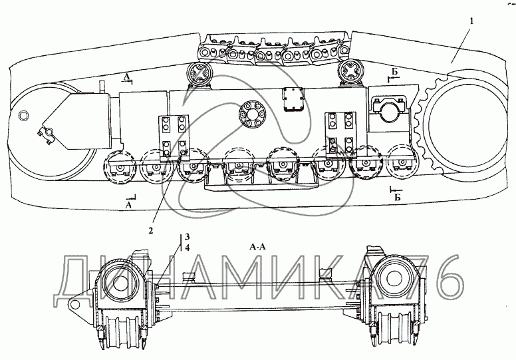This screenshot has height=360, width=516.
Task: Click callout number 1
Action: click(x=472, y=21)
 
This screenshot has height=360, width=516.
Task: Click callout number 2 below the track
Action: click(x=150, y=231)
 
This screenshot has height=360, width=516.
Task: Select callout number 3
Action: click(x=187, y=236)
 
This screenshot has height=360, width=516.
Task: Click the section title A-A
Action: click(x=258, y=247)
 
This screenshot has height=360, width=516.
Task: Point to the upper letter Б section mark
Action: click(x=395, y=72)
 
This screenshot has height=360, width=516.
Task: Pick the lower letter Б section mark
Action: click(x=398, y=197)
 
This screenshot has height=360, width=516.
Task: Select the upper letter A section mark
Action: click(x=126, y=77)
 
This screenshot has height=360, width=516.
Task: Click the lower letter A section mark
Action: click(x=129, y=205)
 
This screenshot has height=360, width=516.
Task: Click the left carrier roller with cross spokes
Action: click(x=198, y=74)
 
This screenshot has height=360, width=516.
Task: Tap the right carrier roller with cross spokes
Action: click(x=350, y=71)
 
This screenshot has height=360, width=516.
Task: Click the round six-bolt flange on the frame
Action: click(x=252, y=114)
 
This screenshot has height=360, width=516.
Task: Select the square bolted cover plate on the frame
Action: click(x=292, y=100)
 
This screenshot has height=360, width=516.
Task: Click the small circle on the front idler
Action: click(x=24, y=116)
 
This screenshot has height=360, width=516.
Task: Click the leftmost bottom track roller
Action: click(x=120, y=166)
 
